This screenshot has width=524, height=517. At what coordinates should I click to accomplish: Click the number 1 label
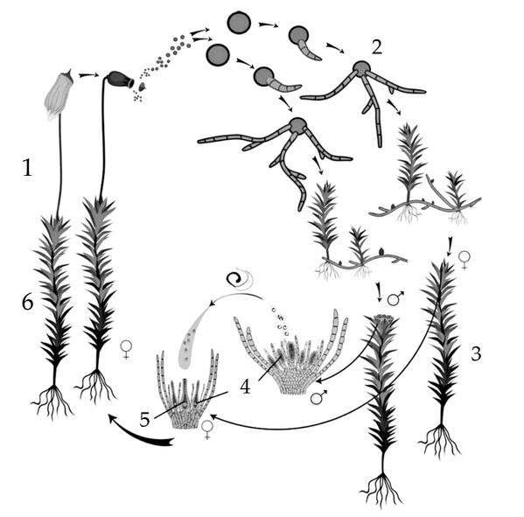point(27,167)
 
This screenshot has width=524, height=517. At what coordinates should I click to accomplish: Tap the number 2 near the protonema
point(377,47)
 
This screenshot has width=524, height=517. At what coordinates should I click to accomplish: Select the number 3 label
point(476,353)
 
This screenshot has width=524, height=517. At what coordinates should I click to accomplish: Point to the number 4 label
point(245,387)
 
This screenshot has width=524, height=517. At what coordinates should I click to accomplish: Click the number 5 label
point(144,420)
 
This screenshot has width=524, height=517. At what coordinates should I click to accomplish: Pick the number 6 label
point(27,304)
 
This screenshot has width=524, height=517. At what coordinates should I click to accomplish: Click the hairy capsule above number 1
point(59,95)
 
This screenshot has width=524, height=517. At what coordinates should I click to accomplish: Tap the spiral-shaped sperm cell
point(234,278)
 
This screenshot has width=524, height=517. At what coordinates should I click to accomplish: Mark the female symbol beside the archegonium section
point(207,430)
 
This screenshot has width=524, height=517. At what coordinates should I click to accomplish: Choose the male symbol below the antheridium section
point(318,397)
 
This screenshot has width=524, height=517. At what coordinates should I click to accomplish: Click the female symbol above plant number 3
point(465,260)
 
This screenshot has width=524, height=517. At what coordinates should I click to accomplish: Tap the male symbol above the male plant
point(395,298)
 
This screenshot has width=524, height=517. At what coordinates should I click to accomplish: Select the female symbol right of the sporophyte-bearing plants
point(126,350)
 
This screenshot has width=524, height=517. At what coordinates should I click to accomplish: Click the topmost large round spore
point(239,23)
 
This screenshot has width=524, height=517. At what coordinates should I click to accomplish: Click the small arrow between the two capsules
point(89,75)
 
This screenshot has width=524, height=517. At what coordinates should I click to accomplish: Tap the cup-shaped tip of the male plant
point(381,319)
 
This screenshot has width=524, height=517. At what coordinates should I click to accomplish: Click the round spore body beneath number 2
point(362,68)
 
